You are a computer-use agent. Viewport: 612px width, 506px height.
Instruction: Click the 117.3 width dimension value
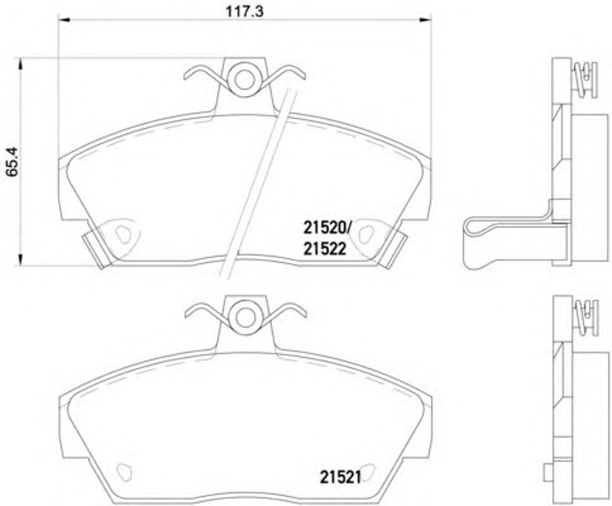click(244, 12)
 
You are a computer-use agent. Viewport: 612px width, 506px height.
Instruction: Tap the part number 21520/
click(327, 228)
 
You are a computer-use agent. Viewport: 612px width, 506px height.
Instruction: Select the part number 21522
click(325, 249)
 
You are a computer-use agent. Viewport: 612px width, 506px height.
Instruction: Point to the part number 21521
click(340, 478)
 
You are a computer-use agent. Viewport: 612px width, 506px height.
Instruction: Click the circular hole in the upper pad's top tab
click(244, 80)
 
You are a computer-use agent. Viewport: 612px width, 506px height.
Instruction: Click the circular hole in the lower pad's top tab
click(245, 318)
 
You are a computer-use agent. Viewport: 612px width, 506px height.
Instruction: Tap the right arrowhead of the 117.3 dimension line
click(425, 20)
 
